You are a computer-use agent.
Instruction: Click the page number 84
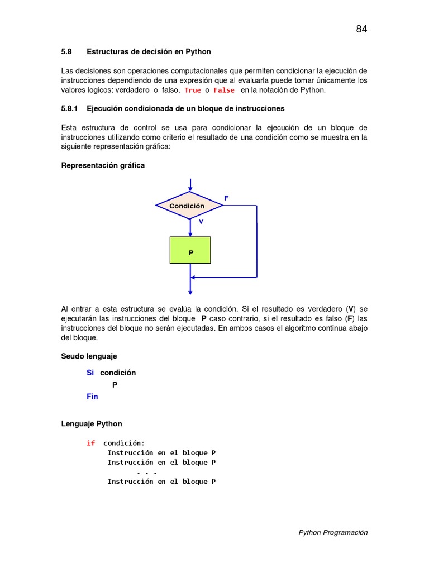coord(361,30)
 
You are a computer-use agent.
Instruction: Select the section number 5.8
coord(67,51)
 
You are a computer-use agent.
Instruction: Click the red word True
coord(193,90)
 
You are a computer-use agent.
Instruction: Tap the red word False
coord(224,90)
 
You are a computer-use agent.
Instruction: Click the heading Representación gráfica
coord(103,165)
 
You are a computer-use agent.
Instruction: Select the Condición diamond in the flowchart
coord(189,206)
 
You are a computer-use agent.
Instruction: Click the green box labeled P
coord(190,250)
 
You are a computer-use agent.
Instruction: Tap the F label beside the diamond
coord(226,198)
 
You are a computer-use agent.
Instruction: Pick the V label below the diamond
coord(201,221)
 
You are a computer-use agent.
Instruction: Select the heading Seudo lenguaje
coord(89,356)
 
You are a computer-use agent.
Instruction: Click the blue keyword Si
coord(90,373)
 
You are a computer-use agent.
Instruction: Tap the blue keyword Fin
coord(92,397)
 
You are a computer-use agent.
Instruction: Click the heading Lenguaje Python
coord(92,423)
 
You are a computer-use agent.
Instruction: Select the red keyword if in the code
coord(90,443)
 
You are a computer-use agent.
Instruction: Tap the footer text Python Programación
coord(333,532)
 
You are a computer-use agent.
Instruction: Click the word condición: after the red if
coord(123,443)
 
